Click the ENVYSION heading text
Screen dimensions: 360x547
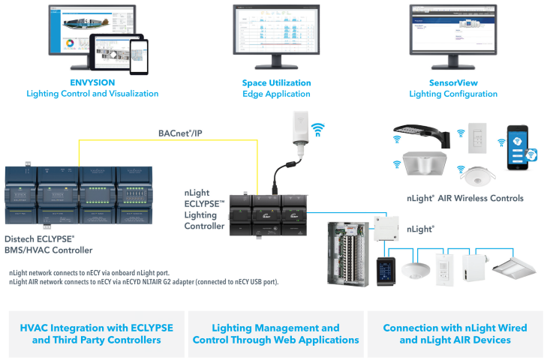tap(92, 82)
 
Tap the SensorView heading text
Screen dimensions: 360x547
tap(452, 82)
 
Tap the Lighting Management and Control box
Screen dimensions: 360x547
tap(275, 334)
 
